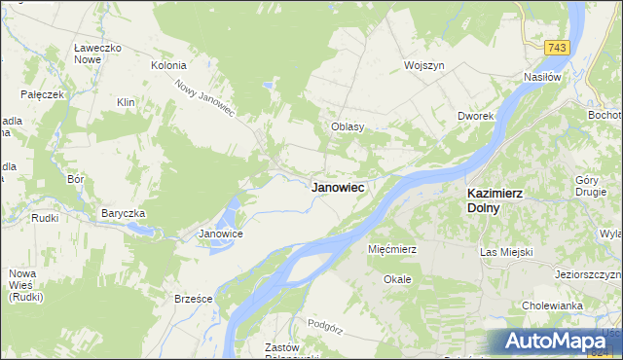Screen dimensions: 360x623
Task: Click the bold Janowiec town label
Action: coord(338,188)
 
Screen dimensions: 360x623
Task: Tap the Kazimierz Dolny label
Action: coord(488,199)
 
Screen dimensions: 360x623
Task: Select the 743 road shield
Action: coord(557,48)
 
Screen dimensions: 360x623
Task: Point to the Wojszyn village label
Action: coord(424,65)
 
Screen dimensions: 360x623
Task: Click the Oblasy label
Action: coord(348,126)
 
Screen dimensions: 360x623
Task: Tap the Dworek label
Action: coord(477,116)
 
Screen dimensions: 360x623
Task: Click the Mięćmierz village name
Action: coord(392,249)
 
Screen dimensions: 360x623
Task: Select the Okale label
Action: coord(397,278)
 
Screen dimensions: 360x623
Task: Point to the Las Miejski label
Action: coord(507,252)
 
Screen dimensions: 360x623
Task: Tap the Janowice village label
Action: coord(220,234)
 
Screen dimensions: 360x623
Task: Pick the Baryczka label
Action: coord(124,212)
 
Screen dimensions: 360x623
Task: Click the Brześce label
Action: coord(193,299)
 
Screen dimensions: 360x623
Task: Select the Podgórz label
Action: coord(326,323)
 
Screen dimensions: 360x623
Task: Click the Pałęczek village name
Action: coord(42,94)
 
